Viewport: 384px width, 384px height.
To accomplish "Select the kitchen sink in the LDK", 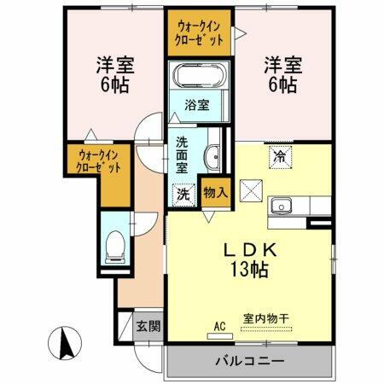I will coord(282,206).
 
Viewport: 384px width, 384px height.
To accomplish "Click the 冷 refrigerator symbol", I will coord(279,156).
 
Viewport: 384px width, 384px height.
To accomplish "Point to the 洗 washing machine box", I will coord(183,194).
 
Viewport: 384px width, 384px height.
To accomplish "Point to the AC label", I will coord(219,325).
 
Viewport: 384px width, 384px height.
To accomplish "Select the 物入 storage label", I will coord(215,193).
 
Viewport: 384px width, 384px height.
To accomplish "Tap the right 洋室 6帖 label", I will coord(280,74).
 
